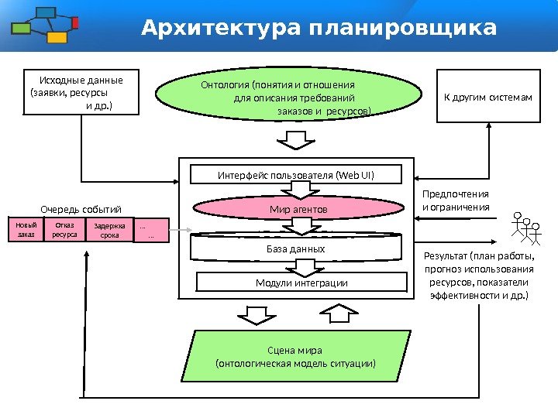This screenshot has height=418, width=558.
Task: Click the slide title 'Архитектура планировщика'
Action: coord(319,29)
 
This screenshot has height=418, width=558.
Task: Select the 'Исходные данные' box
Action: coord(81,92)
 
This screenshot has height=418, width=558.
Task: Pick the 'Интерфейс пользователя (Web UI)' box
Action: coord(296,175)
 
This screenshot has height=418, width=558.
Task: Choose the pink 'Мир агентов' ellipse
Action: coord(298,209)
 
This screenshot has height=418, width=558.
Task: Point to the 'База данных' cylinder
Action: coord(296,248)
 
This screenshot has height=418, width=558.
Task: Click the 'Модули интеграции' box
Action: coord(301,283)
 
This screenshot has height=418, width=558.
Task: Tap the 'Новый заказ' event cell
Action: coord(26,230)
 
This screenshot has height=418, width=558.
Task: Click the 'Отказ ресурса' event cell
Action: coord(65,230)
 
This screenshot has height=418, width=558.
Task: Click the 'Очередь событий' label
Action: coord(81,208)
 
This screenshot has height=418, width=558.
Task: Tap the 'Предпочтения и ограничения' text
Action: coord(456,200)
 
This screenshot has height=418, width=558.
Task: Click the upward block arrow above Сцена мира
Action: coord(336,312)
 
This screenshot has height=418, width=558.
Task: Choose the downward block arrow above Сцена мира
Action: coord(253,313)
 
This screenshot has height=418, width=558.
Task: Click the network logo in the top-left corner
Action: coord(45,25)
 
